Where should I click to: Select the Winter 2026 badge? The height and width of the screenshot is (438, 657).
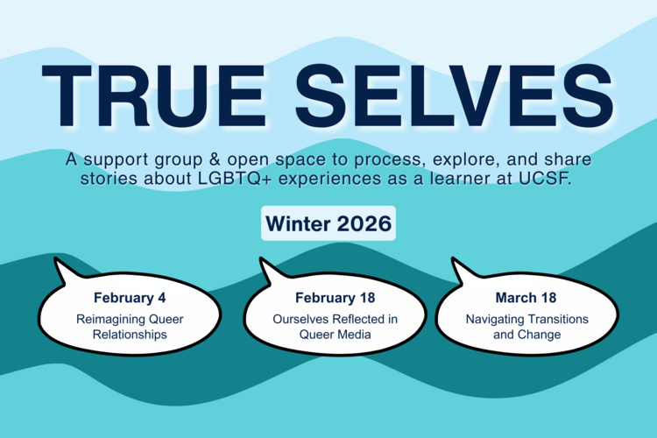point(328,224)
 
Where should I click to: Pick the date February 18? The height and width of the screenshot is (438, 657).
point(328,299)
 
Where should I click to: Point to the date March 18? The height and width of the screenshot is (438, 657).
point(526,299)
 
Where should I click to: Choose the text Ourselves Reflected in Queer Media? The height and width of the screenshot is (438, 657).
point(328,327)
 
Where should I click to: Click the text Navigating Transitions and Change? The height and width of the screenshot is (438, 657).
point(526,327)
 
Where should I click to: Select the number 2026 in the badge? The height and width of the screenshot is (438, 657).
point(357,224)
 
